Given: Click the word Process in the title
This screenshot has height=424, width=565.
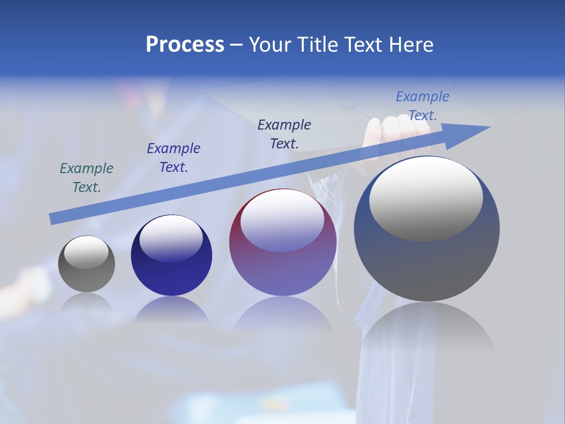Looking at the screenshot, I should click(x=185, y=45).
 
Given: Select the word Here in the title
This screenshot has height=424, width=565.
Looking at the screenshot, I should click(x=411, y=45).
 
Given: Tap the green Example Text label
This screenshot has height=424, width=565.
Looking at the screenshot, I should click(x=87, y=178).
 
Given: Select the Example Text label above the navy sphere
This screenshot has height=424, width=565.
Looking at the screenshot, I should click(x=174, y=158).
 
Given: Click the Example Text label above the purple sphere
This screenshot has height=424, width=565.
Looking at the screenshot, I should click(x=284, y=134).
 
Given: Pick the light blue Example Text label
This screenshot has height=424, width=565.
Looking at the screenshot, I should click(x=422, y=106).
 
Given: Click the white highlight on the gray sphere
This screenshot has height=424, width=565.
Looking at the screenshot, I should click(x=87, y=251).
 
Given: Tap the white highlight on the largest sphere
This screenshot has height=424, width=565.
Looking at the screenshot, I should click(x=426, y=199).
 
